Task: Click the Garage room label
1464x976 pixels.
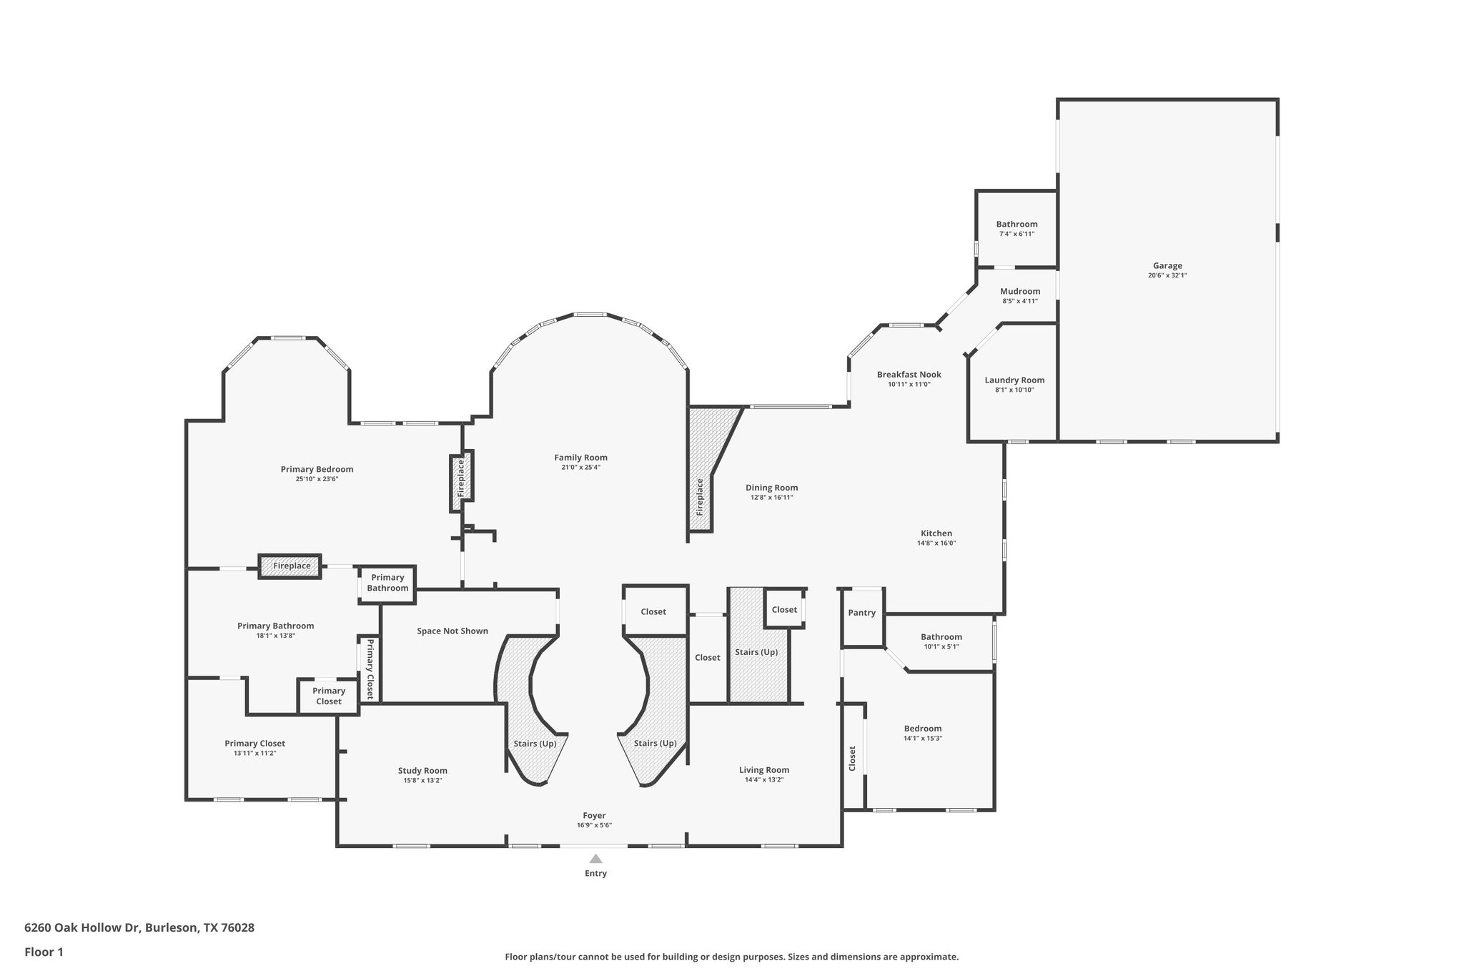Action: click(1167, 266)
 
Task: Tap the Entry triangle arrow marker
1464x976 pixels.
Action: click(595, 859)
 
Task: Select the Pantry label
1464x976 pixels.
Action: click(861, 613)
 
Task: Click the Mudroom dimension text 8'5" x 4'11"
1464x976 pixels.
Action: click(1019, 301)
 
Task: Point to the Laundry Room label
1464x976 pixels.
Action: click(1014, 380)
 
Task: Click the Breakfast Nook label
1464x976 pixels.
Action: click(909, 375)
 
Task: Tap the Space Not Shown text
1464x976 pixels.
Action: click(452, 631)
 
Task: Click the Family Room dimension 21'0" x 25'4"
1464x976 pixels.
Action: click(580, 468)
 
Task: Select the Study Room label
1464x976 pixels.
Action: click(422, 771)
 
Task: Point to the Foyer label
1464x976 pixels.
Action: click(594, 815)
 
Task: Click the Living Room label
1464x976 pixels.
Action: click(763, 770)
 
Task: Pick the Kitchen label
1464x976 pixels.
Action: click(936, 533)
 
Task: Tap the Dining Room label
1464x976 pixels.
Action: click(771, 488)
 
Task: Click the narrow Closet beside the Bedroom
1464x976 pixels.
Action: click(852, 758)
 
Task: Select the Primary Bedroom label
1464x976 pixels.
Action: click(317, 470)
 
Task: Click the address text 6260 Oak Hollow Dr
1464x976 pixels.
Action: click(83, 927)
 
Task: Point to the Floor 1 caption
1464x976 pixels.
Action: click(44, 952)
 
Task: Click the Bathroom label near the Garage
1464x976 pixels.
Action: click(1016, 225)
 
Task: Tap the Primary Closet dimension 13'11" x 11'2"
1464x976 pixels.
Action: click(254, 753)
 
